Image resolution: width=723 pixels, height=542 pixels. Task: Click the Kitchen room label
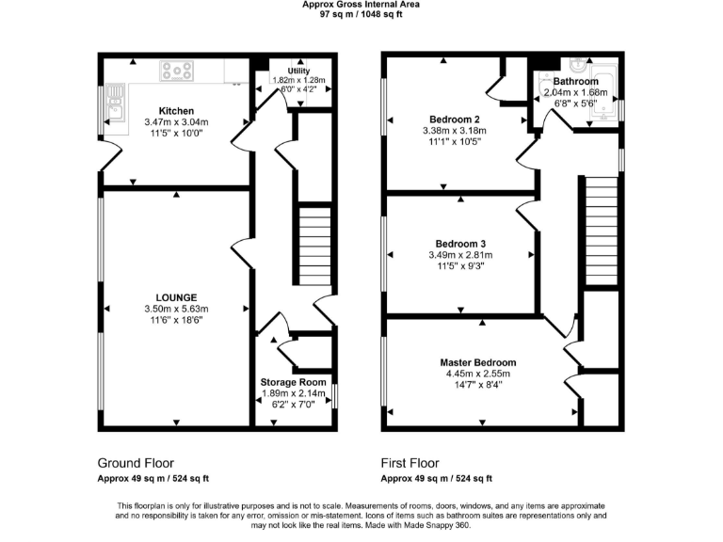pos(176,110)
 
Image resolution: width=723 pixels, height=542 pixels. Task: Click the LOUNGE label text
pos(176,296)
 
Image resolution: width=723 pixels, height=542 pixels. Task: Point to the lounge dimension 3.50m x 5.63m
pos(176,309)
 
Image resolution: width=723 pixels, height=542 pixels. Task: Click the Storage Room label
pos(294,382)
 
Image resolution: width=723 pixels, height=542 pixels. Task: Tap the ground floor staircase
pos(312,247)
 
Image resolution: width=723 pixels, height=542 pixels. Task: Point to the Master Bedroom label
pos(478,362)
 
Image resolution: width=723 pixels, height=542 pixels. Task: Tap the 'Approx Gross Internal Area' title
pos(361,5)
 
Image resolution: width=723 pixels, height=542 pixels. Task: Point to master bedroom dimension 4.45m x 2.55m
pos(478,374)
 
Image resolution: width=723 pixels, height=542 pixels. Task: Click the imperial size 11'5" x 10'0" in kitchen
pos(176,134)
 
